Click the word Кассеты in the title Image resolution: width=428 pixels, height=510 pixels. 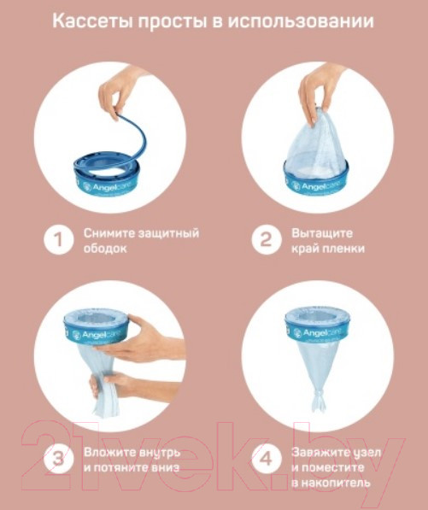click(92, 21)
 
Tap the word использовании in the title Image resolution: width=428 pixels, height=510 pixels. click(300, 21)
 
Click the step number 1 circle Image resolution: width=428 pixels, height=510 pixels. click(59, 240)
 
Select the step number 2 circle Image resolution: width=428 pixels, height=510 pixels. click(266, 240)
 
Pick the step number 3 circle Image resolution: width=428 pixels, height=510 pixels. click(59, 459)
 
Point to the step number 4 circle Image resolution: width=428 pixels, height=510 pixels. click(266, 459)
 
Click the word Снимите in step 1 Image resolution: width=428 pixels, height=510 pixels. click(109, 233)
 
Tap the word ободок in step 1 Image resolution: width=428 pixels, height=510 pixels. click(105, 249)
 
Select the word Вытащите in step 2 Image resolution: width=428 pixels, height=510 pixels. click(322, 233)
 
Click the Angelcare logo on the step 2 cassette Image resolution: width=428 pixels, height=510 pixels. click(315, 186)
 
